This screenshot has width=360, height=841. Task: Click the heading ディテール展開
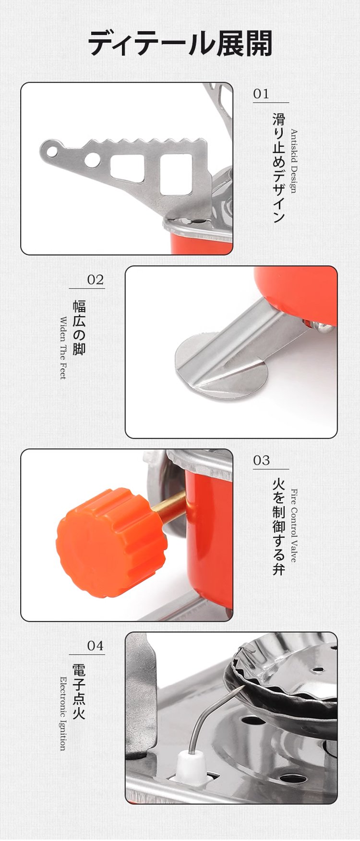[180, 44]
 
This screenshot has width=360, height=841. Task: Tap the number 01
[262, 94]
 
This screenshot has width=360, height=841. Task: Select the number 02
[96, 279]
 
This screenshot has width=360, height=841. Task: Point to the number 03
[262, 460]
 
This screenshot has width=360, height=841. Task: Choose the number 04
[96, 646]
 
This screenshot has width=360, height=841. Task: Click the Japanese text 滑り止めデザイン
[279, 168]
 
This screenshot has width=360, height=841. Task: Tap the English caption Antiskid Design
[294, 161]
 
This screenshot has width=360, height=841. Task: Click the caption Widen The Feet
[63, 348]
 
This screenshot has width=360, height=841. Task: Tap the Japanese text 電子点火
[79, 691]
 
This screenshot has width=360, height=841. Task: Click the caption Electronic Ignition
[63, 713]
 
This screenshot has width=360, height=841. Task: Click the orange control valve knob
[111, 543]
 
